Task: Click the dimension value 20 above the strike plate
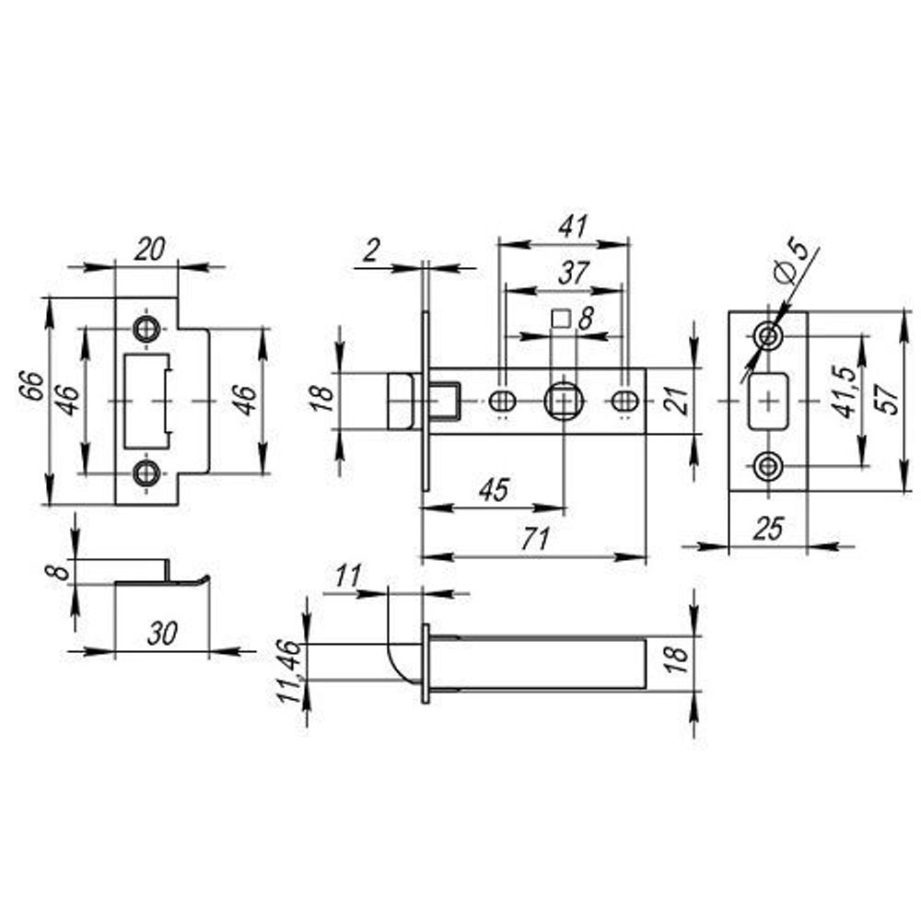pos(147,250)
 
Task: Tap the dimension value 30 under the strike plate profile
pos(161,635)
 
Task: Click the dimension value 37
pos(572,274)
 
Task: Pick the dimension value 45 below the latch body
pos(495,490)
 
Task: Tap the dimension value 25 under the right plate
pos(766,529)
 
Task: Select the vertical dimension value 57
pos(886,402)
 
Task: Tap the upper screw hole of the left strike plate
pos(145,328)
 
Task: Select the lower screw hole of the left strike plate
pos(145,472)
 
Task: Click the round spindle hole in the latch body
pos(562,401)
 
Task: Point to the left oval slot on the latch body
pos(503,401)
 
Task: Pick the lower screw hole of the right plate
pos(767,466)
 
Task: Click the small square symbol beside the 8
pos(560,319)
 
